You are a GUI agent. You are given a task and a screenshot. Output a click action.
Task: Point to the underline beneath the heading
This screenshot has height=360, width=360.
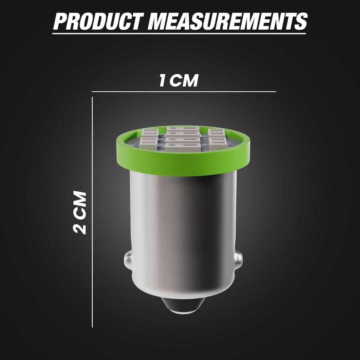(179, 34)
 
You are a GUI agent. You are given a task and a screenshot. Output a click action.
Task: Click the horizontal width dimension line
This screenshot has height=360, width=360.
(184, 91)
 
